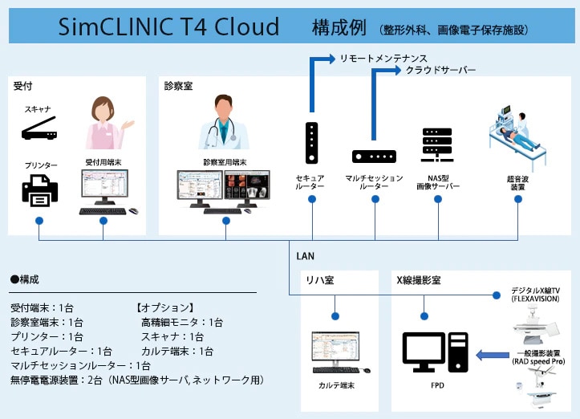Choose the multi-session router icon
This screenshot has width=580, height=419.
(374, 157)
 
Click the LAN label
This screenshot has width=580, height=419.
(305, 257)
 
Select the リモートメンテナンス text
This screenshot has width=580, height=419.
(383, 59)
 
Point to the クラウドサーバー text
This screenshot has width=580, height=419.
(440, 71)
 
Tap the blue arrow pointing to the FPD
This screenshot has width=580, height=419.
(491, 354)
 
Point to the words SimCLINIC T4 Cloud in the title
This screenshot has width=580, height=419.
(169, 27)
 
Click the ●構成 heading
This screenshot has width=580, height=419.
(25, 280)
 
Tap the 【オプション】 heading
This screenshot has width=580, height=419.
(164, 307)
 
